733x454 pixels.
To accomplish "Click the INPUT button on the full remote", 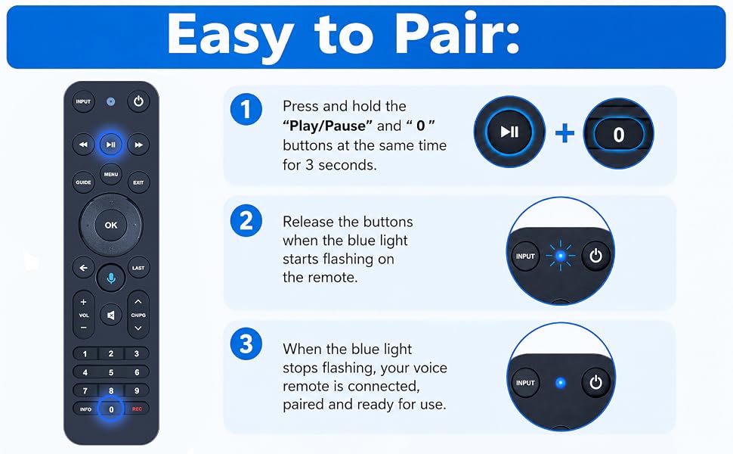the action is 83,101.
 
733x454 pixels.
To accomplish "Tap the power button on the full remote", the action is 138,101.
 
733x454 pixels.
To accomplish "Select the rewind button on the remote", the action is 83,145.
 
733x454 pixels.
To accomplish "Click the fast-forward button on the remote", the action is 138,145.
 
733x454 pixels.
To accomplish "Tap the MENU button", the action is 111,175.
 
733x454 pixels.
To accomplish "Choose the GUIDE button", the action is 83,182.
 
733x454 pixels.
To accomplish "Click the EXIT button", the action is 138,182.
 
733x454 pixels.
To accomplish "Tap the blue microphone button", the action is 111,278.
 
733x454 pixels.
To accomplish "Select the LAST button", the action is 138,268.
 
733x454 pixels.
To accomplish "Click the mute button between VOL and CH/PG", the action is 111,315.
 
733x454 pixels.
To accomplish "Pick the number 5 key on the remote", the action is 111,372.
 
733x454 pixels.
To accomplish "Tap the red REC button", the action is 137,409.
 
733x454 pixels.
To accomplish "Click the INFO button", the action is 85,409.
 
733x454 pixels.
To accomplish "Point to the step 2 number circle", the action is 246,220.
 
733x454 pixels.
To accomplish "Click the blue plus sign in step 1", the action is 564,133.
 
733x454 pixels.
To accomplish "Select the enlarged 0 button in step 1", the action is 618,135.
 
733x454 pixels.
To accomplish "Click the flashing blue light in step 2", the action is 561,256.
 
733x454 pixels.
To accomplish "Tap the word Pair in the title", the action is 457,35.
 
